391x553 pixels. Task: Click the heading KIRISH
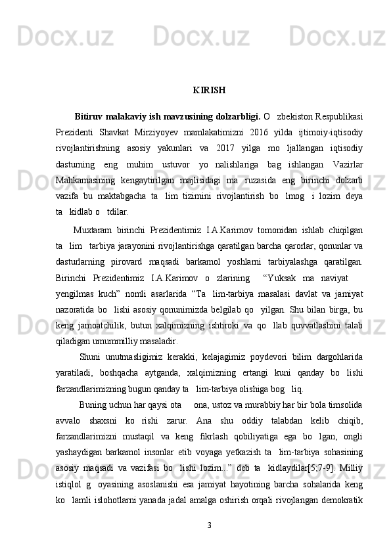click(209, 89)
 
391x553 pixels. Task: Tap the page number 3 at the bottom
click(209, 525)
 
